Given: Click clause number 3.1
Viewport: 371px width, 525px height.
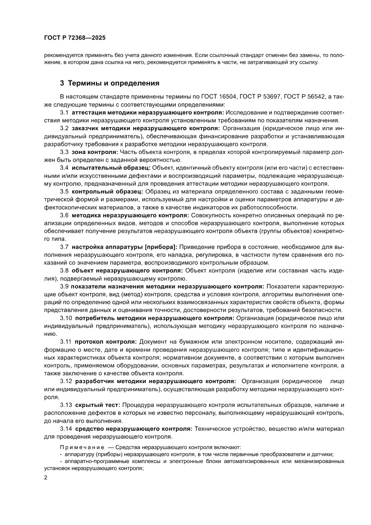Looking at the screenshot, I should point(64,112).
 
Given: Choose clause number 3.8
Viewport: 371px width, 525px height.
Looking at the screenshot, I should point(64,270).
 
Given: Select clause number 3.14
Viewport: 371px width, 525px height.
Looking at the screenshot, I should point(65,428).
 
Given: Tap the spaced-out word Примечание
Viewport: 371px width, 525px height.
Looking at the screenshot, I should point(82,447).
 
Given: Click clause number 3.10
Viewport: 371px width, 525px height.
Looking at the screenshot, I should point(65,318).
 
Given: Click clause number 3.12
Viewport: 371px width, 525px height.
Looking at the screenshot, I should point(65,381).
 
